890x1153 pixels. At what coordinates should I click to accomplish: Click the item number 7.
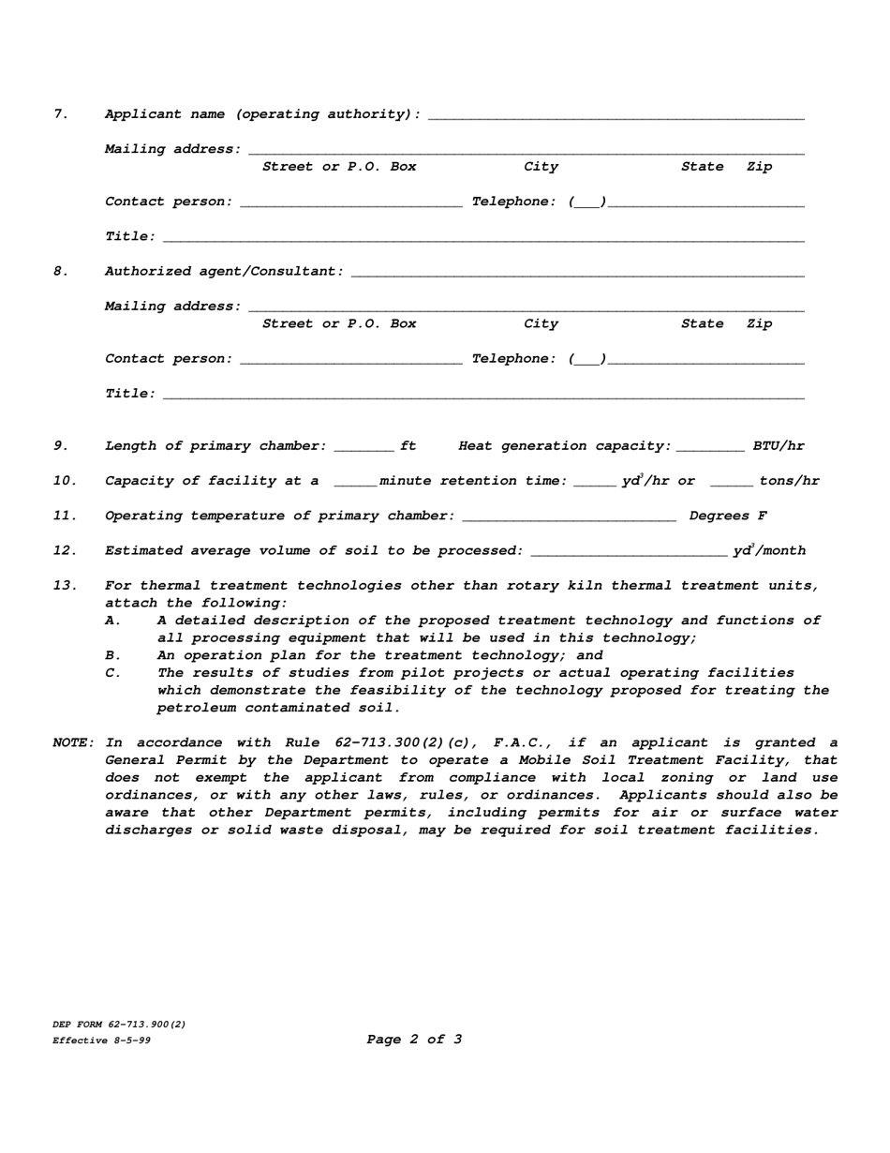pyautogui.click(x=61, y=114)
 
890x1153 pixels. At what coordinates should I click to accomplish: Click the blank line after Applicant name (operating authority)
pyautogui.click(x=616, y=115)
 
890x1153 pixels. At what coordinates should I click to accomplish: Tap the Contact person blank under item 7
pyautogui.click(x=351, y=202)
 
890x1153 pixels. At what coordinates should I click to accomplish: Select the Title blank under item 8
pyautogui.click(x=483, y=395)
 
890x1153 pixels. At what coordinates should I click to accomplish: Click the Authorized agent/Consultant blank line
pyautogui.click(x=578, y=272)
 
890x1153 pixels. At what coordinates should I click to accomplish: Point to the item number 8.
pyautogui.click(x=61, y=272)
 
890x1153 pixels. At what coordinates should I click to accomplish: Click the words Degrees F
pyautogui.click(x=728, y=517)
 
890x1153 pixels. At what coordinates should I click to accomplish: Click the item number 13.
pyautogui.click(x=65, y=586)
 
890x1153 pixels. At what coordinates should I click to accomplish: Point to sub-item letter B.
pyautogui.click(x=112, y=655)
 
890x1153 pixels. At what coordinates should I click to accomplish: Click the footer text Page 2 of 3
pyautogui.click(x=414, y=1039)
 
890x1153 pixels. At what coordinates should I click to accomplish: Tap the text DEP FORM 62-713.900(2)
pyautogui.click(x=119, y=1025)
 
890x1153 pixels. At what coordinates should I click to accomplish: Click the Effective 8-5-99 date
pyautogui.click(x=101, y=1041)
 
